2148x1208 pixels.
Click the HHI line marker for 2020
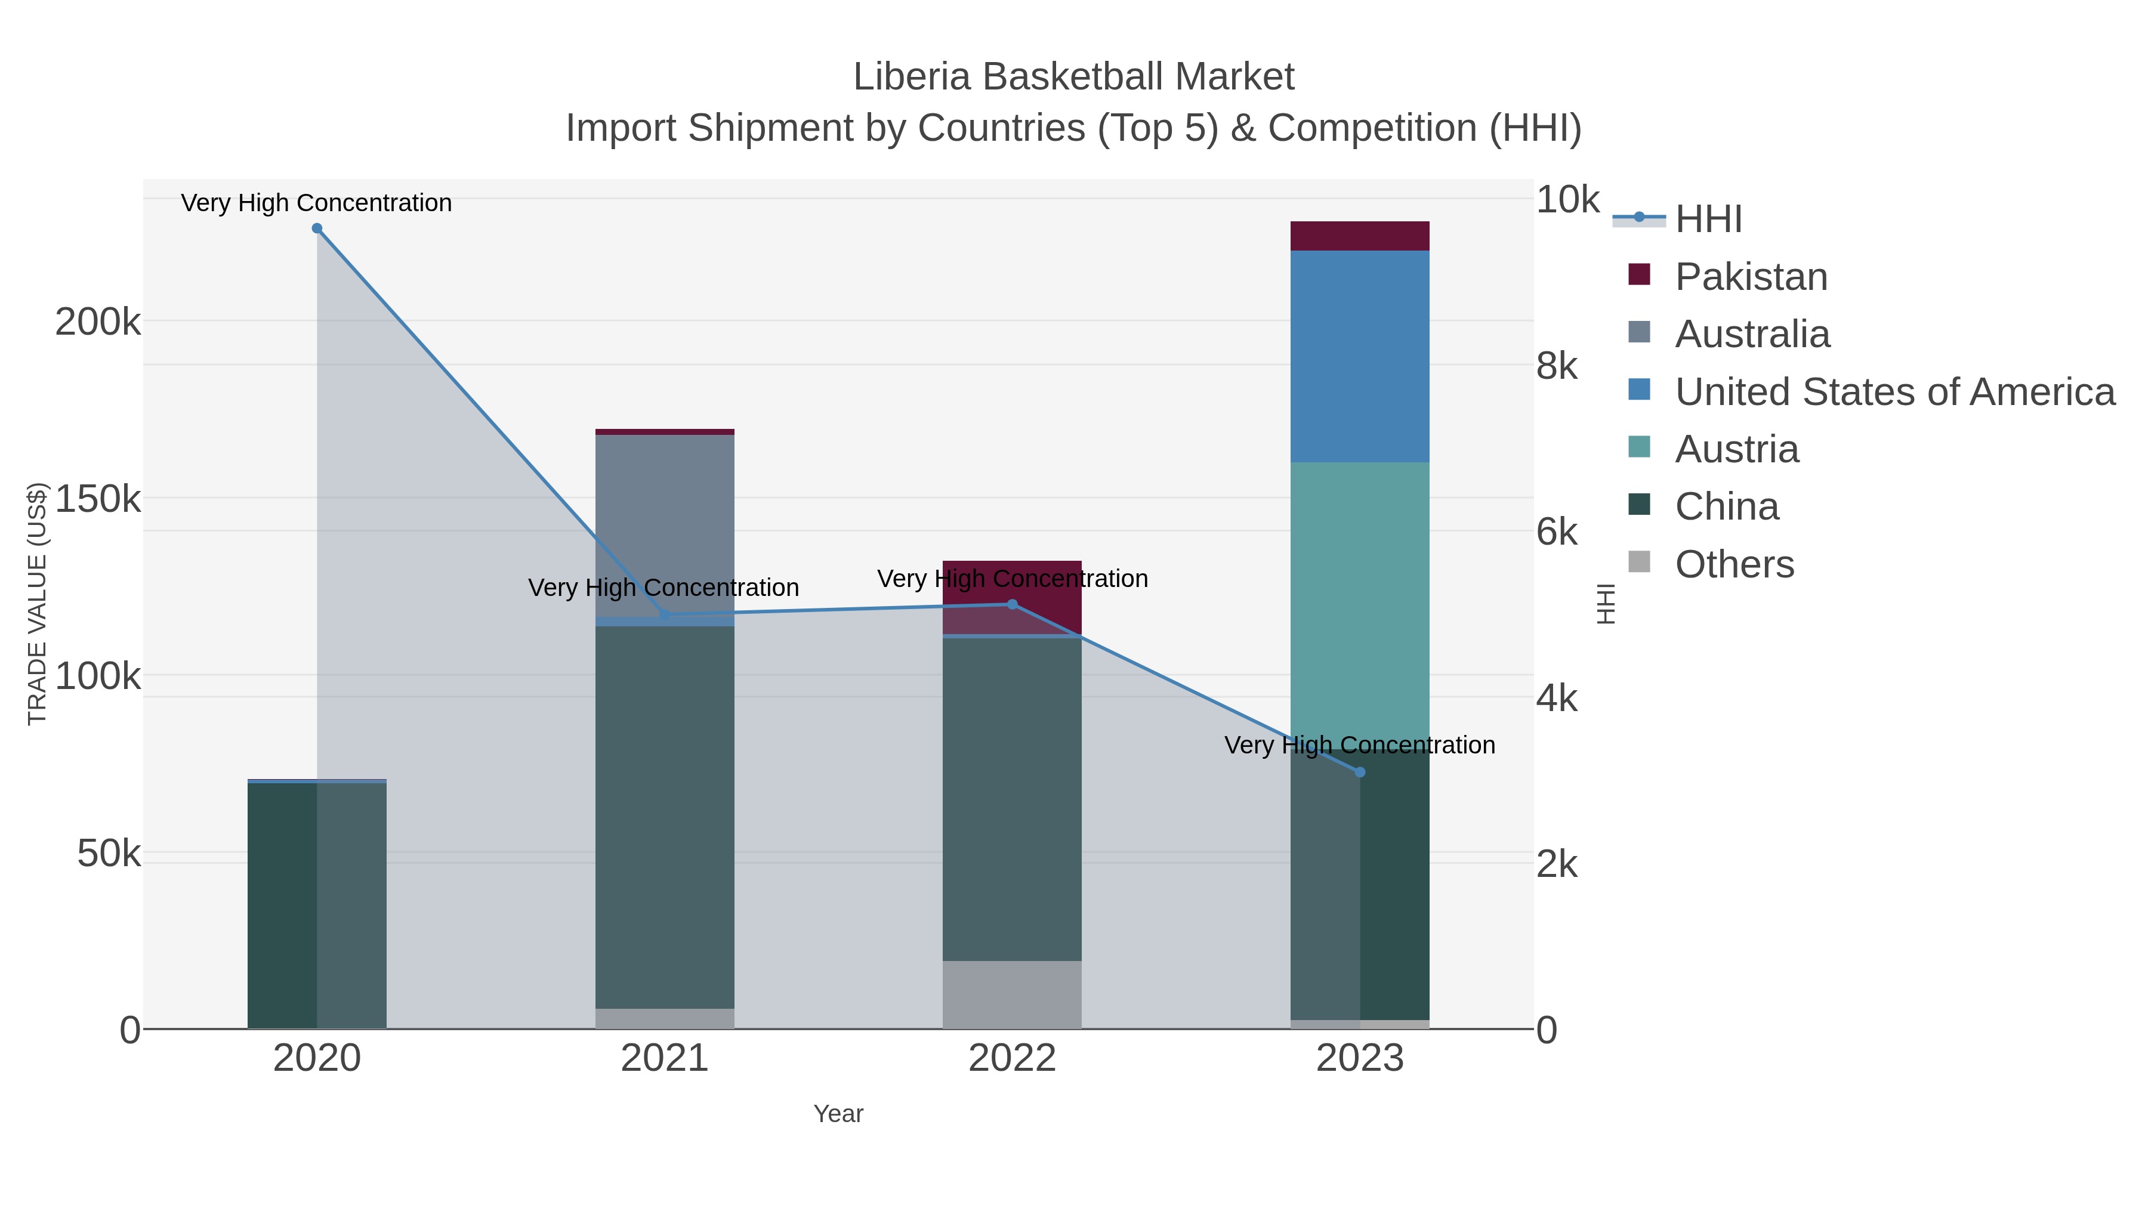pos(317,228)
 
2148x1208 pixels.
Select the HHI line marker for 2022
pos(1013,604)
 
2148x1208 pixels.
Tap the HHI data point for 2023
pos(1360,773)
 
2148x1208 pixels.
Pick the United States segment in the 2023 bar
pos(1360,356)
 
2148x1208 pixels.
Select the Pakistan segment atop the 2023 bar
pos(1360,236)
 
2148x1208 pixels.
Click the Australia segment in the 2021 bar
pos(665,525)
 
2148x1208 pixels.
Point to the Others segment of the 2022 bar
pos(1013,994)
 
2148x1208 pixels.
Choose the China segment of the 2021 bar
pos(665,817)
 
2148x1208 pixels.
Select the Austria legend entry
pos(1736,449)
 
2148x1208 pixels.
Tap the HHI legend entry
pos(1708,220)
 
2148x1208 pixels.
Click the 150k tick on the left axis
pos(98,499)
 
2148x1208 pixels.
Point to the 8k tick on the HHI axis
pos(1556,366)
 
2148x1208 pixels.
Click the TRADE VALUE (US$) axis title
pos(38,604)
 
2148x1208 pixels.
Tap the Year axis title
pos(838,1114)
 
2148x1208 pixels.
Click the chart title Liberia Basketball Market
pos(1073,78)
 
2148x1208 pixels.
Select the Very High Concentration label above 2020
pos(317,203)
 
